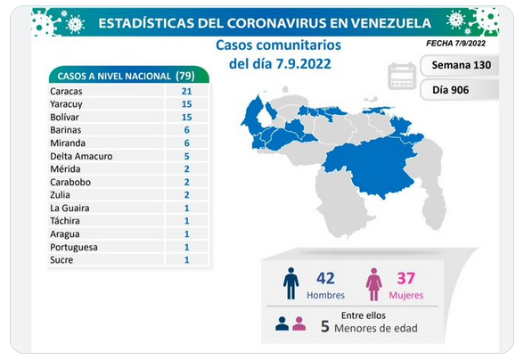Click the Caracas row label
pyautogui.click(x=66, y=91)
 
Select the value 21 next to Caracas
pyautogui.click(x=186, y=91)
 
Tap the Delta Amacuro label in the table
pyautogui.click(x=81, y=156)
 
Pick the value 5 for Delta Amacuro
pyautogui.click(x=186, y=156)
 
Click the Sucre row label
pyautogui.click(x=61, y=259)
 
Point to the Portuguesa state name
pyautogui.click(x=74, y=248)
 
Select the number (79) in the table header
pyautogui.click(x=185, y=76)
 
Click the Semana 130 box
pyautogui.click(x=460, y=65)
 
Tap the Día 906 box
pyautogui.click(x=460, y=90)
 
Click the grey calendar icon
pyautogui.click(x=402, y=77)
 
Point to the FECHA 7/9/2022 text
pyautogui.click(x=456, y=43)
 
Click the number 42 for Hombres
pyautogui.click(x=325, y=278)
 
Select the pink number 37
pyautogui.click(x=406, y=278)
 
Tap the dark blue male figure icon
pyautogui.click(x=291, y=283)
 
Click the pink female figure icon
pyautogui.click(x=373, y=284)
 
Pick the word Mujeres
pyautogui.click(x=406, y=295)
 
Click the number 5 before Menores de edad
pyautogui.click(x=324, y=327)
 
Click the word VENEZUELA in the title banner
pyautogui.click(x=391, y=23)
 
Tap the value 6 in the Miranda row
pyautogui.click(x=186, y=143)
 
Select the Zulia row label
pyautogui.click(x=61, y=195)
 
